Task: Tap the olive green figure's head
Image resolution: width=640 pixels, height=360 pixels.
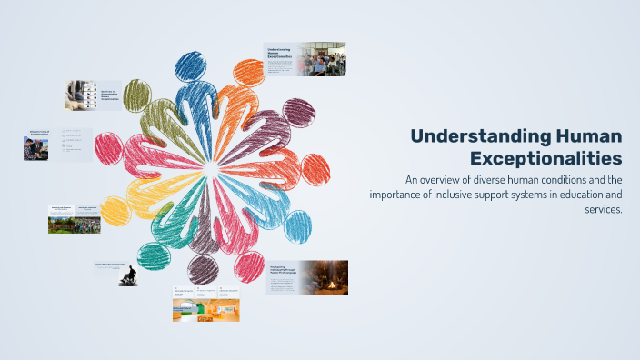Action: coord(137,93)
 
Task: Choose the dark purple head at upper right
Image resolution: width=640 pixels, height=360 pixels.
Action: coord(298,113)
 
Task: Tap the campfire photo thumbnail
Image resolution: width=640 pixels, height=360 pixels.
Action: coord(324,277)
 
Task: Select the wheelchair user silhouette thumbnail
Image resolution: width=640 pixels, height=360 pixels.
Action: coord(130,275)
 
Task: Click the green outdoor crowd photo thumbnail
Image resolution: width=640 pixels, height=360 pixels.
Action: coord(75,224)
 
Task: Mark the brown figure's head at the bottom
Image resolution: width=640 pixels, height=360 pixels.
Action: coord(202,267)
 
